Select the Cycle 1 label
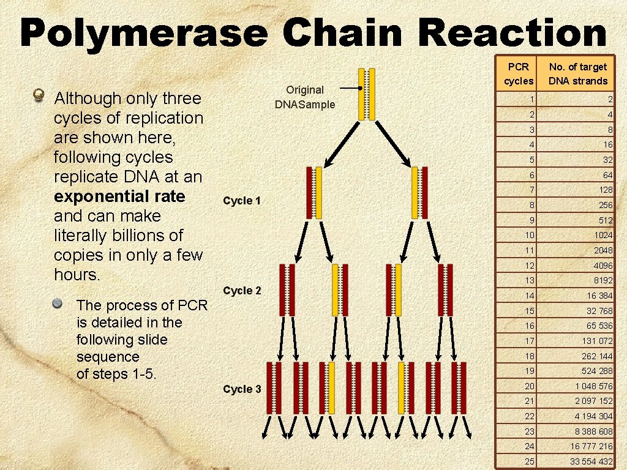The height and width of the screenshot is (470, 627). tap(242, 201)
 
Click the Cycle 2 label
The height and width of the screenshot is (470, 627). tap(242, 290)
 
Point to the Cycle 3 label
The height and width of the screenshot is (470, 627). tap(242, 389)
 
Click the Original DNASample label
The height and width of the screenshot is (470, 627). tap(305, 97)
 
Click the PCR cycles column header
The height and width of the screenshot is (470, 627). tap(519, 73)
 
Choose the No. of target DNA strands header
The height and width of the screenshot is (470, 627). tap(577, 73)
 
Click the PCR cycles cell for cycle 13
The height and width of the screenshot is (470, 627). tap(529, 280)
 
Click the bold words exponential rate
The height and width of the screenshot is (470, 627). tap(119, 196)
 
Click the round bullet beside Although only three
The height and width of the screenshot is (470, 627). tap(39, 95)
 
